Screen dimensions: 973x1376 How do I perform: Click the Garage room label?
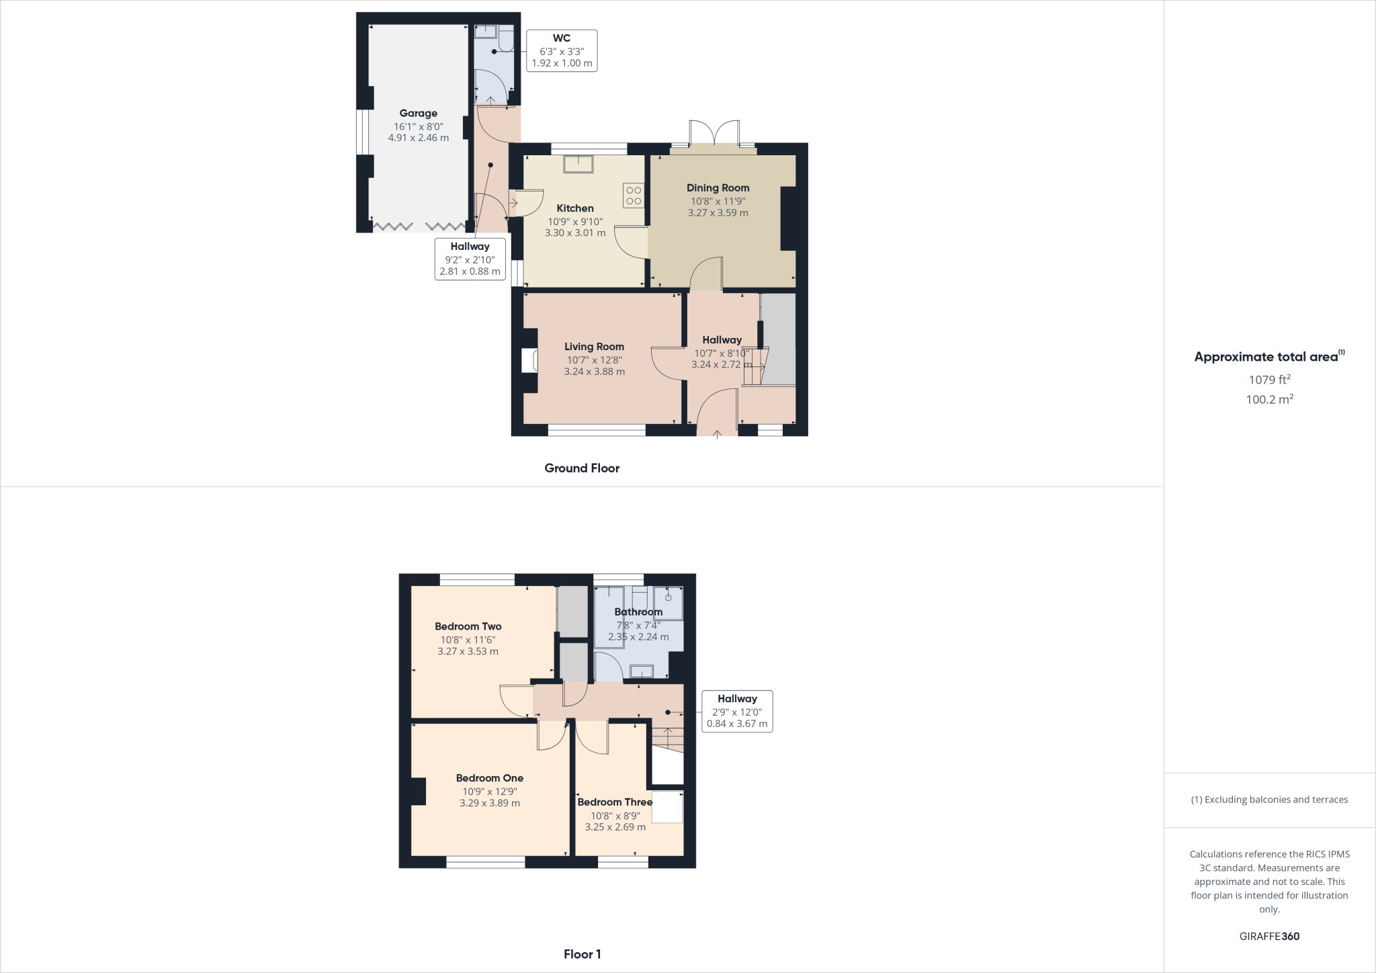[x=418, y=114]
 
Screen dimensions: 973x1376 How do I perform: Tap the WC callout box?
[x=562, y=51]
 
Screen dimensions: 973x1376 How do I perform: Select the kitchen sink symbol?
[x=578, y=164]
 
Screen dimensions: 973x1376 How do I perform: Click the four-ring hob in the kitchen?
[x=634, y=196]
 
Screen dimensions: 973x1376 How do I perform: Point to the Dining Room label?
[x=718, y=188]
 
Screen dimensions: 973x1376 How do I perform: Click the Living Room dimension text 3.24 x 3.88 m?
[x=594, y=372]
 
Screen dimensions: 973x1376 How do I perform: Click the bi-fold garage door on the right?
[x=444, y=226]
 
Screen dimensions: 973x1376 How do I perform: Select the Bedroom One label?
[x=489, y=778]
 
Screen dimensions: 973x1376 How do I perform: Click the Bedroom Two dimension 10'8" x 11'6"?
[x=468, y=640]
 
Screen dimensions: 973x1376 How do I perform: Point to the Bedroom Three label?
[x=615, y=802]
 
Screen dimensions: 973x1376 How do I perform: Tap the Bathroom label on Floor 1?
[x=638, y=612]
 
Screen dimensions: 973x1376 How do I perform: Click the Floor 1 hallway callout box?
[x=737, y=712]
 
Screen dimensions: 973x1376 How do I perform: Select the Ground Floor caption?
[x=582, y=468]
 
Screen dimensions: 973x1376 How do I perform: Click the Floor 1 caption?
[x=582, y=954]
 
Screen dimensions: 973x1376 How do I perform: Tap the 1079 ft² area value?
[x=1269, y=380]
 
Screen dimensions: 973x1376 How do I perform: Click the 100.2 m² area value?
[x=1269, y=399]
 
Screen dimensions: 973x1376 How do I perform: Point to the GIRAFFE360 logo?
[x=1269, y=936]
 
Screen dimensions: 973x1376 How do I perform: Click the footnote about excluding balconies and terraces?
[x=1269, y=800]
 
